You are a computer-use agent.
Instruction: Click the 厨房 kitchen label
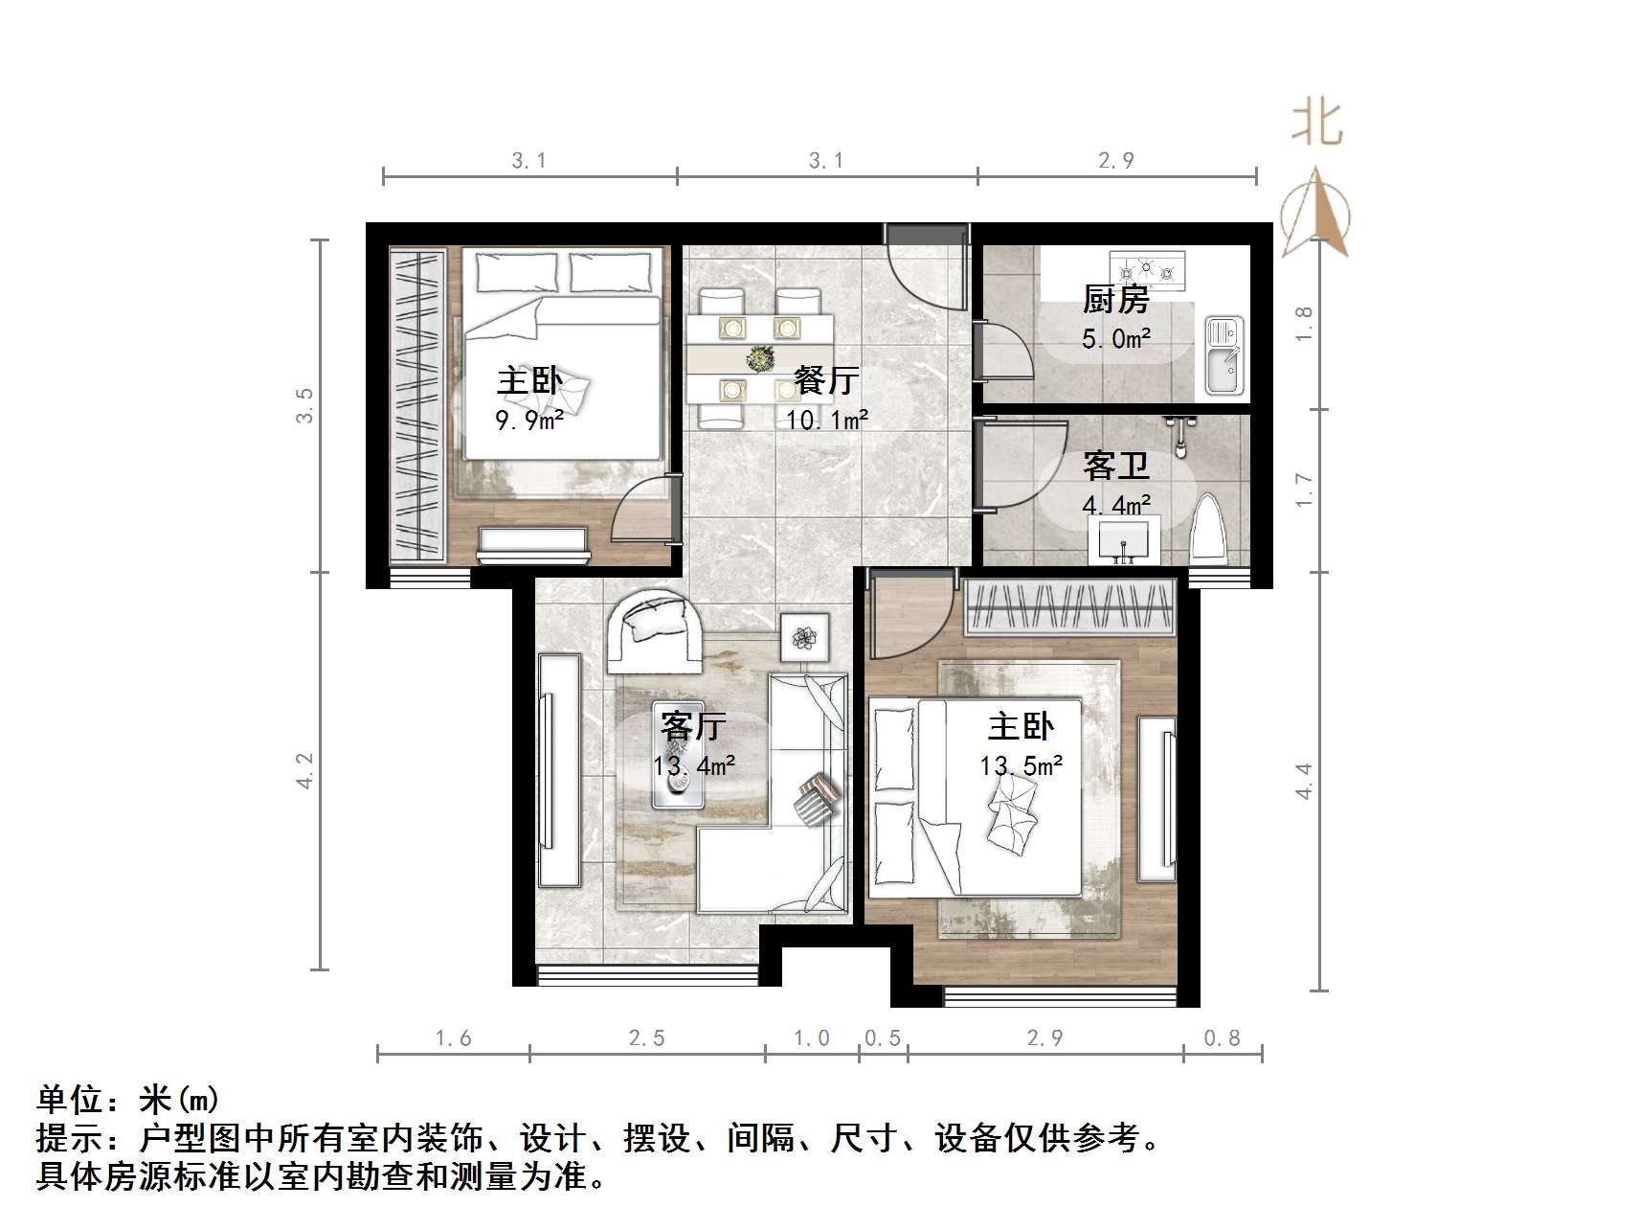(x=1115, y=300)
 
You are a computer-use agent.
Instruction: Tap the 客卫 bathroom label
(x=1115, y=467)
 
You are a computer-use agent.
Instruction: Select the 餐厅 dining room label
(x=826, y=380)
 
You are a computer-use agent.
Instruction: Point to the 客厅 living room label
(x=693, y=726)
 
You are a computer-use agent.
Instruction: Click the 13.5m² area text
(x=1021, y=766)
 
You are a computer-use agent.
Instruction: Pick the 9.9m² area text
(x=528, y=420)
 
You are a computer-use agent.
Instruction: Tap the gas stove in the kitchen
(x=1147, y=270)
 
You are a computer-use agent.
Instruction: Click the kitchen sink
(x=1224, y=354)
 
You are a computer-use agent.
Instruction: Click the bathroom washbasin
(x=1124, y=541)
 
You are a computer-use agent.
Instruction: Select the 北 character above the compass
(x=1317, y=125)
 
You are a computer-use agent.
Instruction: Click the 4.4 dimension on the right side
(x=1303, y=781)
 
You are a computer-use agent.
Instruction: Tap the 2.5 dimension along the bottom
(x=646, y=1038)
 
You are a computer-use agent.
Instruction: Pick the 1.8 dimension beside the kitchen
(x=1303, y=324)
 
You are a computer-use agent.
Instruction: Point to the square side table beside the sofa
(x=804, y=636)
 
